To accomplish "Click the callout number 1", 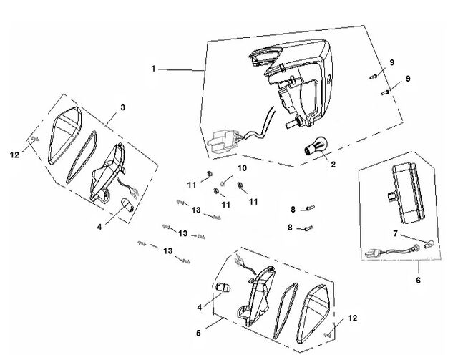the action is [153, 69].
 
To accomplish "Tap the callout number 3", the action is [122, 107].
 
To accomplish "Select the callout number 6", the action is [418, 281].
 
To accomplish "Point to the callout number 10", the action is [242, 168].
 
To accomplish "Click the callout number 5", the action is [199, 333].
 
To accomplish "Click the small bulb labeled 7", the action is [430, 243].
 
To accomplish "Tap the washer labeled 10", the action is [222, 183].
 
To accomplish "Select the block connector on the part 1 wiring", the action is [223, 142].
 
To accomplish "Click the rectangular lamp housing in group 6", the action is [407, 193].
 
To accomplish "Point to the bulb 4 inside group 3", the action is [127, 204].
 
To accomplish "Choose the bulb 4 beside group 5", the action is [223, 287].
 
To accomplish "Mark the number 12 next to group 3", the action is [14, 155].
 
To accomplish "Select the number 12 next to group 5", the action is [353, 318].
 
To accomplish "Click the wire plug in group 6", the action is [374, 253].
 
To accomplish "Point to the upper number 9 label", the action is [391, 62].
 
